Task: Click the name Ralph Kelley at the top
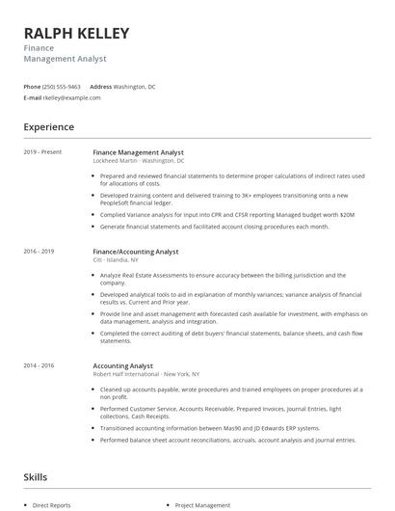pyautogui.click(x=76, y=34)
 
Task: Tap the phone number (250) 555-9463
pyautogui.click(x=63, y=86)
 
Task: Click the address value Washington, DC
pyautogui.click(x=134, y=86)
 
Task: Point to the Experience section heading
pyautogui.click(x=48, y=126)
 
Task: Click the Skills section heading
pyautogui.click(x=35, y=476)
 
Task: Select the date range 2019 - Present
pyautogui.click(x=42, y=151)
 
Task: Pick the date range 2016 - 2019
pyautogui.click(x=39, y=251)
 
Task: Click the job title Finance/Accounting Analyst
pyautogui.click(x=136, y=251)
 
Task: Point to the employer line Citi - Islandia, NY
pyautogui.click(x=115, y=259)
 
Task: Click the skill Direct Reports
pyautogui.click(x=53, y=504)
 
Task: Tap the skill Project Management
pyautogui.click(x=202, y=504)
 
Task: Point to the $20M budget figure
pyautogui.click(x=347, y=214)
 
